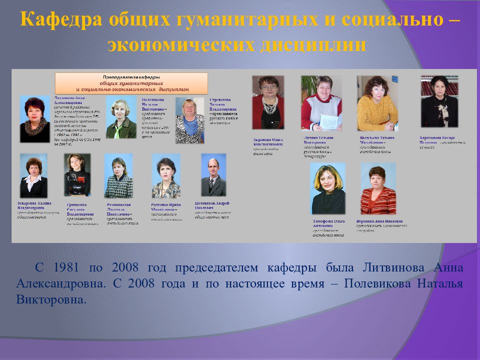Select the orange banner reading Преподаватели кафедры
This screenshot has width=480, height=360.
131,83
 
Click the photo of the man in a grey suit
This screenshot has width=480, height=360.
213,175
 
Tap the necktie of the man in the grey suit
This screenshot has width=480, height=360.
212,185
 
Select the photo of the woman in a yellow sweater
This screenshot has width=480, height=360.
377,103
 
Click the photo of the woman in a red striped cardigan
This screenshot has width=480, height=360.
378,188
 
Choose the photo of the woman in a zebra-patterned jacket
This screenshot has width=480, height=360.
189,120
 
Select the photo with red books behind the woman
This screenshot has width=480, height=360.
439,101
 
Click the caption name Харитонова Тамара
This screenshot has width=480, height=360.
438,137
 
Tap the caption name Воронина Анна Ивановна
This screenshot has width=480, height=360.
379,220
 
